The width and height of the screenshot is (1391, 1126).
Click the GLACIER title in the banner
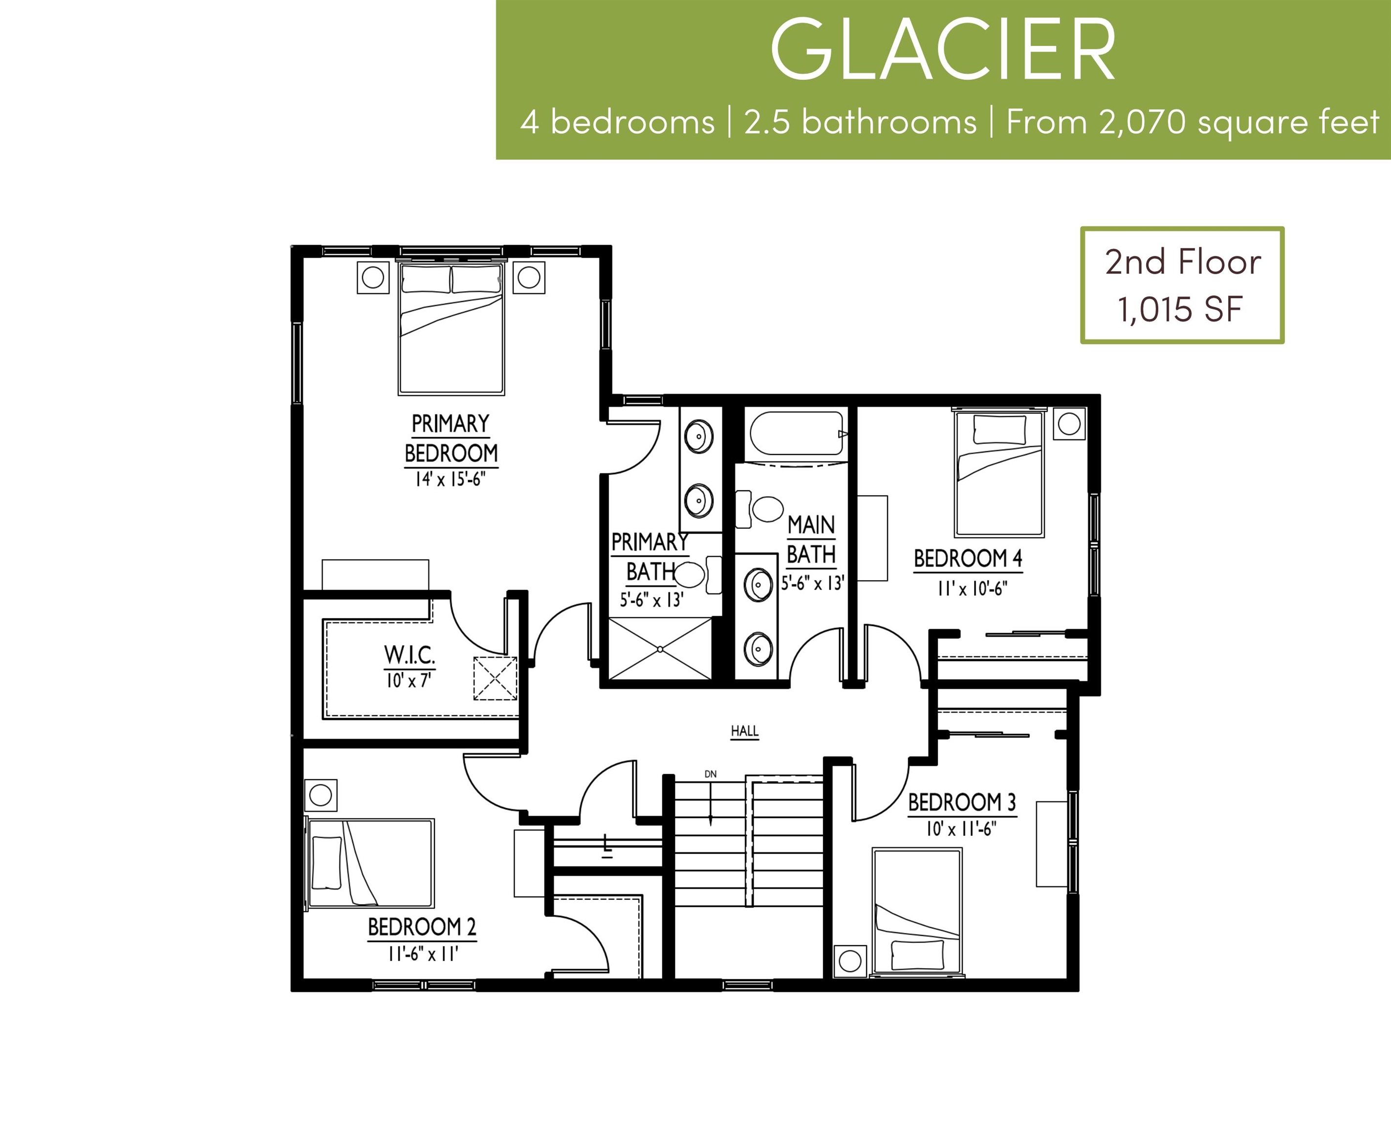pyautogui.click(x=943, y=51)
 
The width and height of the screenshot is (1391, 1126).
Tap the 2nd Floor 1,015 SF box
pyautogui.click(x=1182, y=285)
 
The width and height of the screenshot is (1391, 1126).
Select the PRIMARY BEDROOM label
pyautogui.click(x=451, y=438)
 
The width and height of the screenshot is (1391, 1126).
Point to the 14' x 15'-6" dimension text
pyautogui.click(x=450, y=479)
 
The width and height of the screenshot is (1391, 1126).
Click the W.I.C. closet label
pyautogui.click(x=410, y=655)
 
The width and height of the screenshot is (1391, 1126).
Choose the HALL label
pyautogui.click(x=745, y=731)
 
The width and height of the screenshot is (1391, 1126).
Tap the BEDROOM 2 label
pyautogui.click(x=422, y=927)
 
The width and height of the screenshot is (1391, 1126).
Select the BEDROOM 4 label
pyautogui.click(x=968, y=559)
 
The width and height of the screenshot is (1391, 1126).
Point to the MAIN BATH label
pyautogui.click(x=811, y=540)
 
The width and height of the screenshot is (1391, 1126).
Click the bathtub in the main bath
pyautogui.click(x=796, y=433)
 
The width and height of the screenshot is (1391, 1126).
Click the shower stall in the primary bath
pyautogui.click(x=660, y=649)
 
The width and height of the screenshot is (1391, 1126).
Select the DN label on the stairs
pyautogui.click(x=711, y=774)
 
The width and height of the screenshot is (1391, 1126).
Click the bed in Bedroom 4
pyautogui.click(x=999, y=473)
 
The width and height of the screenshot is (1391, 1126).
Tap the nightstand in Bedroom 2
pyautogui.click(x=321, y=795)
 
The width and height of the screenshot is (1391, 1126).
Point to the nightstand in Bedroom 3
pyautogui.click(x=850, y=961)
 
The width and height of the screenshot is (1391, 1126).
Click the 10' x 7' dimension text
pyautogui.click(x=409, y=680)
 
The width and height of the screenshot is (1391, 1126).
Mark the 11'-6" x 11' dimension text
pyautogui.click(x=423, y=954)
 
